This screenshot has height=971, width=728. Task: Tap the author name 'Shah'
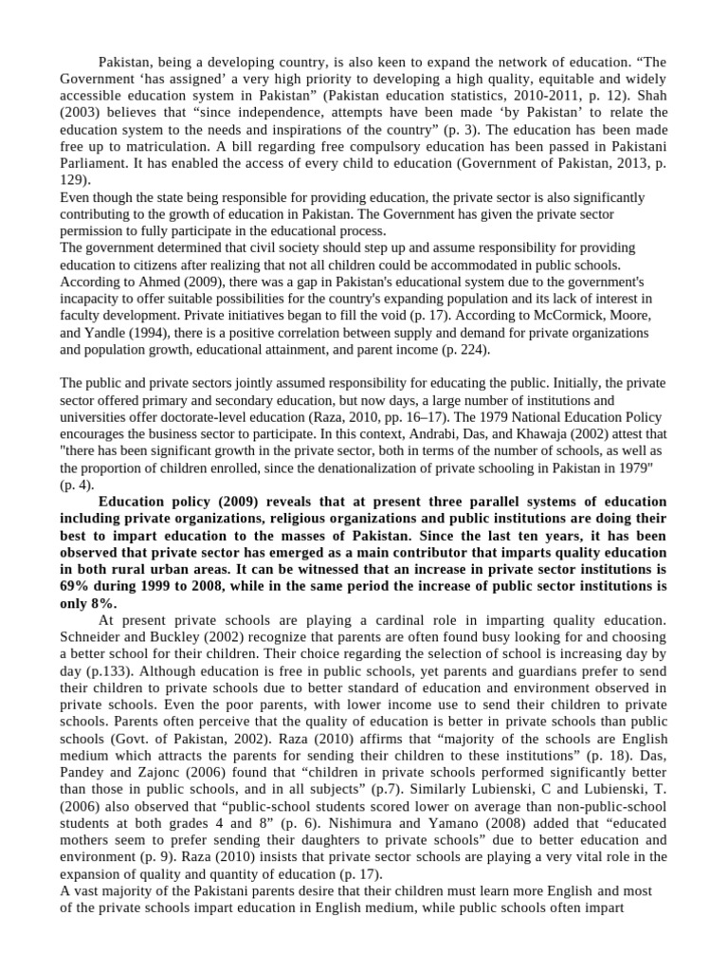coord(651,95)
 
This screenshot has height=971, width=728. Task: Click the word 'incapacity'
coord(92,299)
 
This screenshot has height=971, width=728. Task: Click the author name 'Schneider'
coord(95,637)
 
